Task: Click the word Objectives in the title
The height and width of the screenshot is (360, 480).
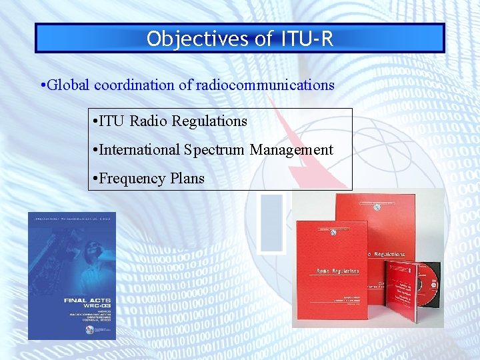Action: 197,39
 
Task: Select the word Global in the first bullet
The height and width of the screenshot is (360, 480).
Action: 69,85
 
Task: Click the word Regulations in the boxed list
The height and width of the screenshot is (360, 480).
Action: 209,121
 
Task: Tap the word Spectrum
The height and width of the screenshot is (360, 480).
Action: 215,150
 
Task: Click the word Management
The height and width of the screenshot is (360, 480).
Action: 291,150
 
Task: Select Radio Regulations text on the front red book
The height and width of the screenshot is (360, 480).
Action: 337,271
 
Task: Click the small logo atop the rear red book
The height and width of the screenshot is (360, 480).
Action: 377,207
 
